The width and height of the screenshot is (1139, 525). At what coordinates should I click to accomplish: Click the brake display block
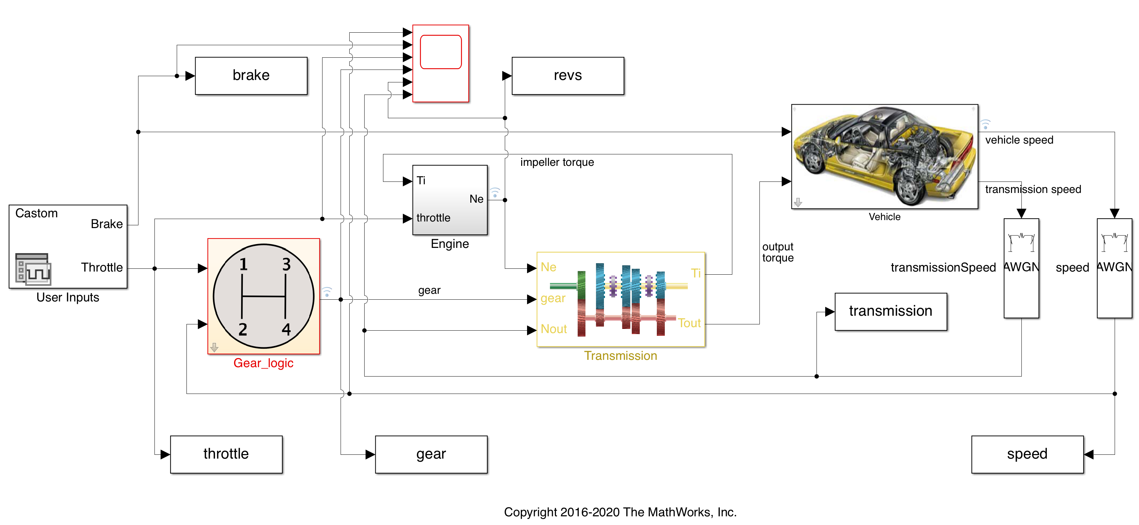(x=251, y=75)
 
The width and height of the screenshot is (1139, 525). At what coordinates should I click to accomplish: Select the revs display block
(x=568, y=75)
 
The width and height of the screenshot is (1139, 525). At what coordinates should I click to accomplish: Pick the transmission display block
(x=891, y=311)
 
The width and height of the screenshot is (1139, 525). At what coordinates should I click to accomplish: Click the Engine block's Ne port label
(x=476, y=199)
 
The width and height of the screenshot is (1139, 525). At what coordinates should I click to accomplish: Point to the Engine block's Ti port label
(x=421, y=181)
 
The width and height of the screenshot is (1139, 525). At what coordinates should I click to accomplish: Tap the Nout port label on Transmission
(x=553, y=329)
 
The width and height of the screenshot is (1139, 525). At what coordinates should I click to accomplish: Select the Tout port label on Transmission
(x=689, y=323)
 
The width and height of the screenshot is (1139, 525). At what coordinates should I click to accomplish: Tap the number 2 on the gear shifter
(x=243, y=330)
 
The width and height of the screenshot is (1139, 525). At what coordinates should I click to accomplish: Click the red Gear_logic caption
(x=263, y=363)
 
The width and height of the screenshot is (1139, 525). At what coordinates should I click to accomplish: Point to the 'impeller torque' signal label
(x=557, y=163)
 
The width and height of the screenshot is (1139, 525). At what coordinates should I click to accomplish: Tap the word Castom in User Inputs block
(x=36, y=213)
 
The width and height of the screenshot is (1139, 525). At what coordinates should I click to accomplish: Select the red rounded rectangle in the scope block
(x=440, y=52)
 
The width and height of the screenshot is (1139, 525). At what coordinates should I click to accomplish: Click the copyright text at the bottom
(x=620, y=512)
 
